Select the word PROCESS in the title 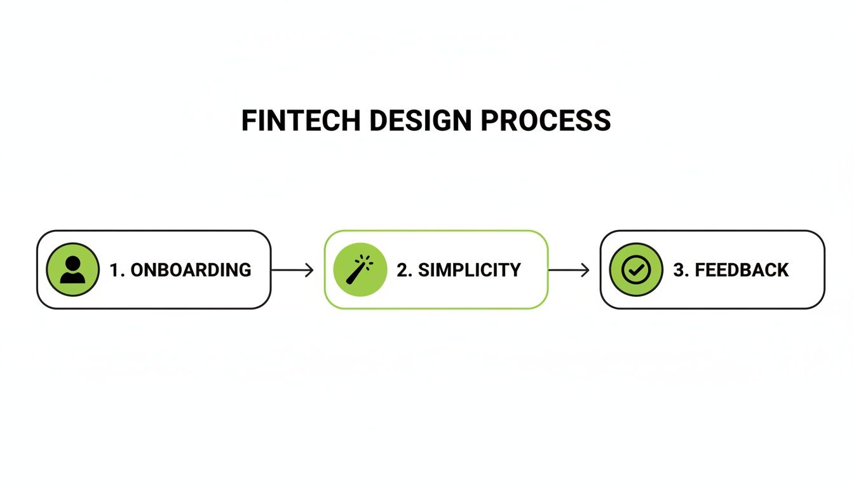pos(546,121)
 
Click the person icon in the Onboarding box pos(72,270)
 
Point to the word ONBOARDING pos(191,270)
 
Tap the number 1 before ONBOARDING pos(114,270)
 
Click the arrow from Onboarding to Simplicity pos(292,270)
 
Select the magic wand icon pos(360,270)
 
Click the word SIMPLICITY pos(467,270)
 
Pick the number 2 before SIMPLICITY pos(402,270)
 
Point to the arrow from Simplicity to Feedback pos(569,270)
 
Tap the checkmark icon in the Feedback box pos(636,270)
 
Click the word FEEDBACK pos(742,270)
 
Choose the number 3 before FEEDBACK pos(678,270)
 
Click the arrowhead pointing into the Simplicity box pos(309,270)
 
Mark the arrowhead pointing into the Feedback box pos(585,270)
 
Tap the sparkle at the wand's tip pos(366,261)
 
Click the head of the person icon pos(72,263)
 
